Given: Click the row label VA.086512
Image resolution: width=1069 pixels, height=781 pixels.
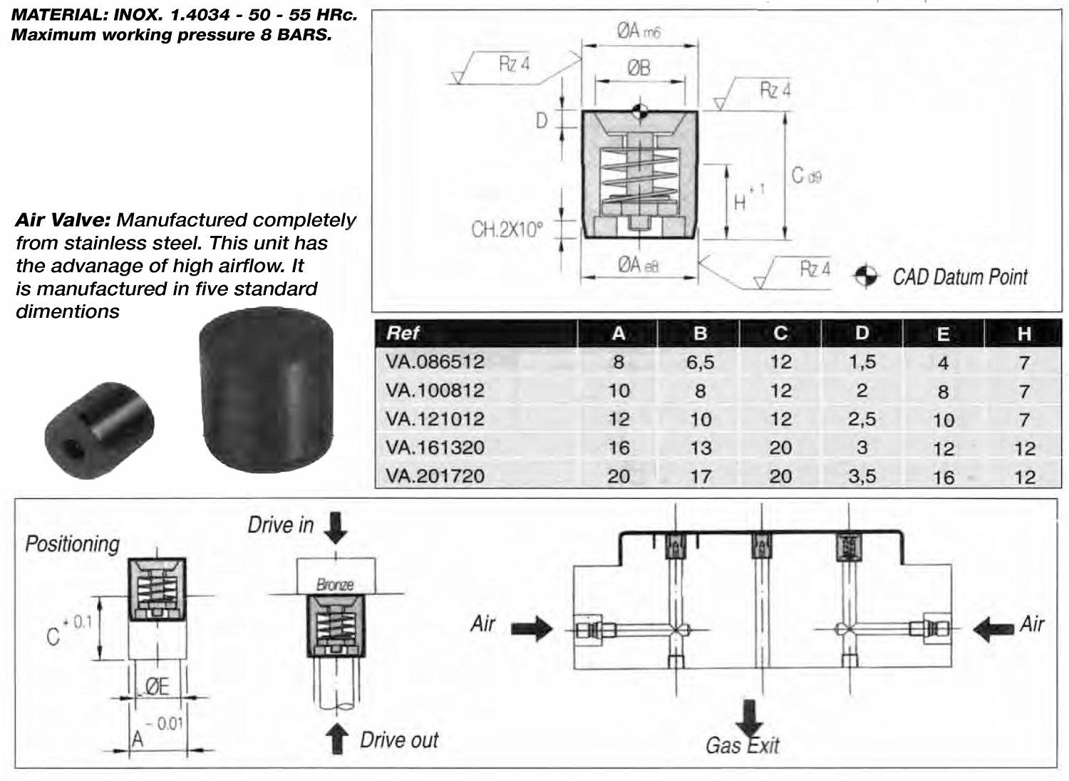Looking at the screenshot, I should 435,362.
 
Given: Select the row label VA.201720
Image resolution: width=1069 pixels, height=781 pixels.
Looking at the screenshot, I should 435,476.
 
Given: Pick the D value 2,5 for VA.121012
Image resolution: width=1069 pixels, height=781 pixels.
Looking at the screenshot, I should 862,419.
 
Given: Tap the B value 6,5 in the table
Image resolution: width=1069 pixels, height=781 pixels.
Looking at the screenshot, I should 700,362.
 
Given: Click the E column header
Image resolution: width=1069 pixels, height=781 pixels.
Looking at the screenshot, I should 943,333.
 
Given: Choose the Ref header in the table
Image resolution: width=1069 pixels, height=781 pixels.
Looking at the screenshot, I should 403,333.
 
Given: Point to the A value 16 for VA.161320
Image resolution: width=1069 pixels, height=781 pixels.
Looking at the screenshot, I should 619,448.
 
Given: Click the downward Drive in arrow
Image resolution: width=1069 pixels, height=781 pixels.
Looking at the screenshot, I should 335,527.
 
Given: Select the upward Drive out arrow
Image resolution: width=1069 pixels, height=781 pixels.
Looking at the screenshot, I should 336,739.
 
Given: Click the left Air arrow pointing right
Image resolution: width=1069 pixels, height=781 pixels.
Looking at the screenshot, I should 532,628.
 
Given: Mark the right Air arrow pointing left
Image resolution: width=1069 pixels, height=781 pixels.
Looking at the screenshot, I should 993,628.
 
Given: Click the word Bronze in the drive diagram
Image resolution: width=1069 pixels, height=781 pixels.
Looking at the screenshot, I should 335,585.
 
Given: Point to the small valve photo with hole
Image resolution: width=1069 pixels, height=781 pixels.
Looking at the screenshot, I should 100,430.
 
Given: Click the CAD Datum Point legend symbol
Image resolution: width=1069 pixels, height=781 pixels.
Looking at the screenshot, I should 866,276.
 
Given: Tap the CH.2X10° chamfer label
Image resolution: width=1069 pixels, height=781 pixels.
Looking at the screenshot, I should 507,229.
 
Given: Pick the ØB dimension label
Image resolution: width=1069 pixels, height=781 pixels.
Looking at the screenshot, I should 639,68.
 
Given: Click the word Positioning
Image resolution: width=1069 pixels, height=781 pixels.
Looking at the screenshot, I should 72,544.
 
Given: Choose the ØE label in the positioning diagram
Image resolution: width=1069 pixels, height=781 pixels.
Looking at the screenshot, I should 157,686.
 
